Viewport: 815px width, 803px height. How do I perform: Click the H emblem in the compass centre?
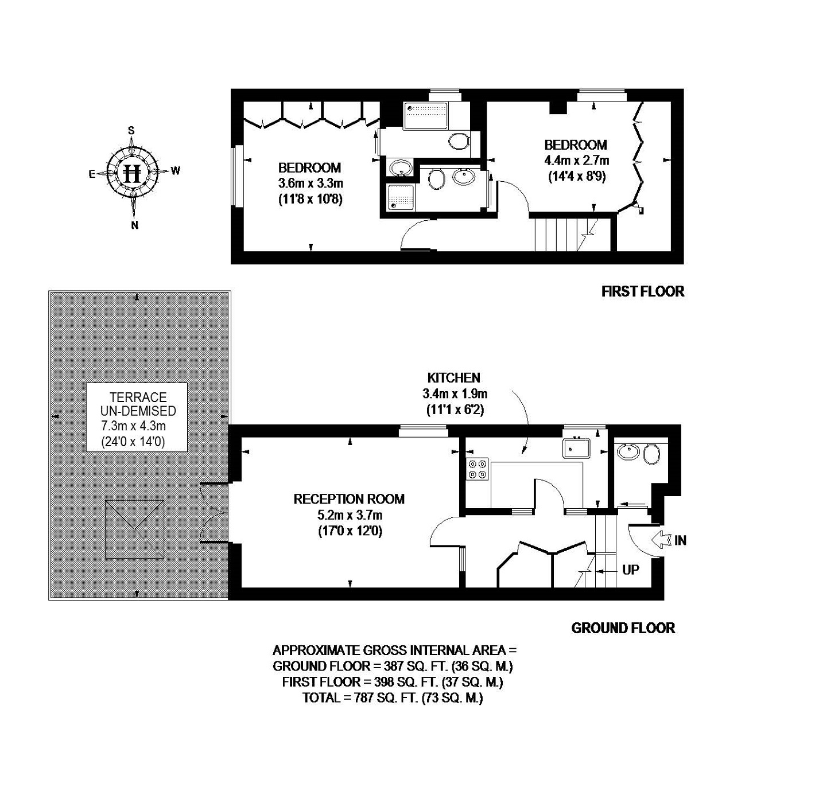pos(133,172)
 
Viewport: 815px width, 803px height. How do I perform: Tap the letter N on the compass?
pos(135,225)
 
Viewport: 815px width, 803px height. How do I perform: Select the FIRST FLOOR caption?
pos(642,291)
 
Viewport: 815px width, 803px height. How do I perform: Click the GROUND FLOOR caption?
pos(623,628)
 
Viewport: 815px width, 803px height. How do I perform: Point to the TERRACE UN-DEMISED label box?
pos(137,417)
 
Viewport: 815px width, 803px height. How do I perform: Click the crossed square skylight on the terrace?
pos(135,528)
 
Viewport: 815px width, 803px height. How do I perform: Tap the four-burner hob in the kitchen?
pos(478,469)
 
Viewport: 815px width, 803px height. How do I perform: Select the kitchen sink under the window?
pos(576,447)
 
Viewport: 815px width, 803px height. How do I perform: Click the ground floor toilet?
pos(651,455)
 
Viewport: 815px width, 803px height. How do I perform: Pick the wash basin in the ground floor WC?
pos(628,451)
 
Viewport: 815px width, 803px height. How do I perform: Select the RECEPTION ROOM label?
pos(349,499)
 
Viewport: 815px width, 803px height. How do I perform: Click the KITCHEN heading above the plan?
pos(453,378)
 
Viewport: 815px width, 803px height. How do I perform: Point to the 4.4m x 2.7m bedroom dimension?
pos(576,161)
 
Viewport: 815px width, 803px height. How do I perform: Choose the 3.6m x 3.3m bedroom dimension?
pos(310,184)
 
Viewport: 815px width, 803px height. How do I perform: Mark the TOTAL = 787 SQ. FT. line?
pos(393,698)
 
